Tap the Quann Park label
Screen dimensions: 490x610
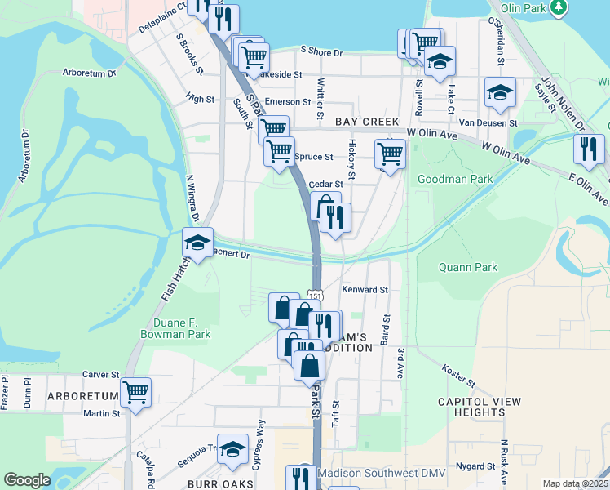coord(462,265)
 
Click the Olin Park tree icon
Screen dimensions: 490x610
coord(559,8)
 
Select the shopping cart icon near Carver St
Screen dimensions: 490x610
coord(135,392)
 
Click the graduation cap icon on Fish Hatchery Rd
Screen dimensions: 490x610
coord(197,243)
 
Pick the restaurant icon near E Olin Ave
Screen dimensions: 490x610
coord(588,149)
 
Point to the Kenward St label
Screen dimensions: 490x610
coord(365,290)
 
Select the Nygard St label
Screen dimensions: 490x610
coord(476,466)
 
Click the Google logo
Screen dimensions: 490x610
coord(27,480)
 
